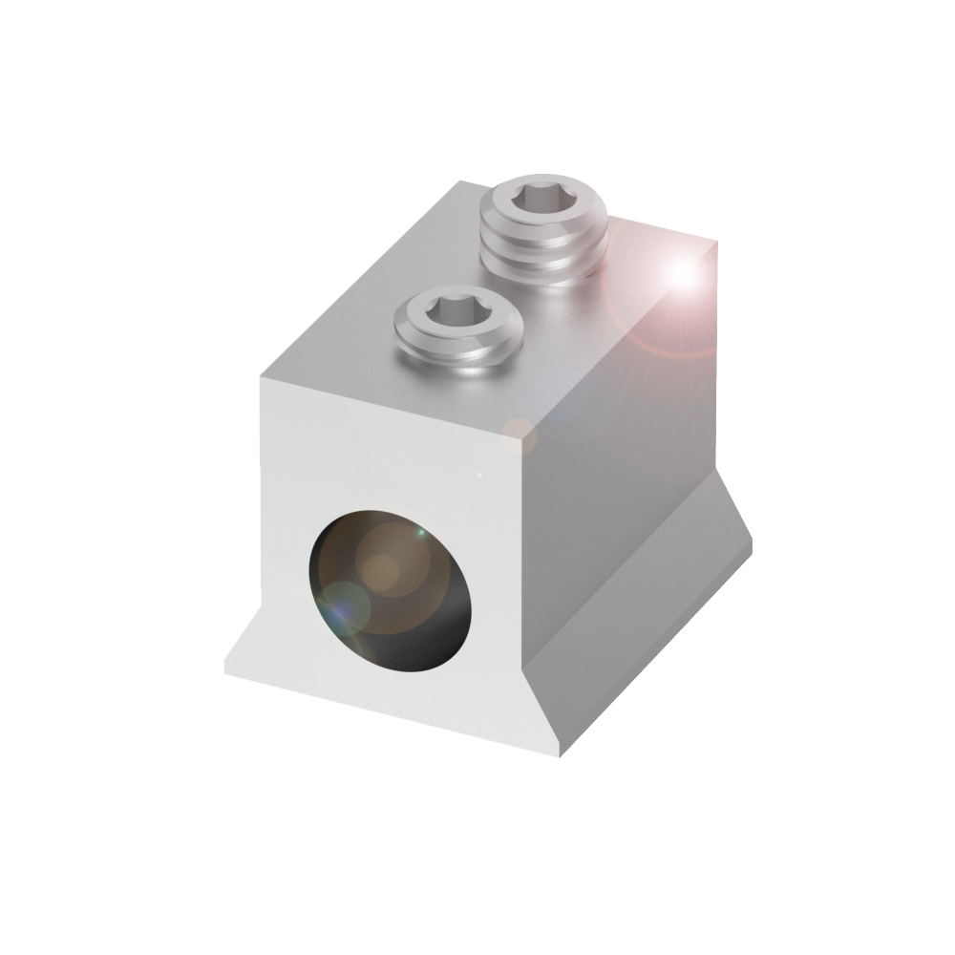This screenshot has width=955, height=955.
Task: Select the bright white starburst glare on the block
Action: (x=682, y=273)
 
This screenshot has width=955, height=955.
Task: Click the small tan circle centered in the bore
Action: (x=384, y=571)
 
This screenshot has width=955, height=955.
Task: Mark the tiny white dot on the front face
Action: (x=479, y=474)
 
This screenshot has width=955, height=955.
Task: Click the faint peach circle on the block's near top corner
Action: (x=520, y=434)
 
